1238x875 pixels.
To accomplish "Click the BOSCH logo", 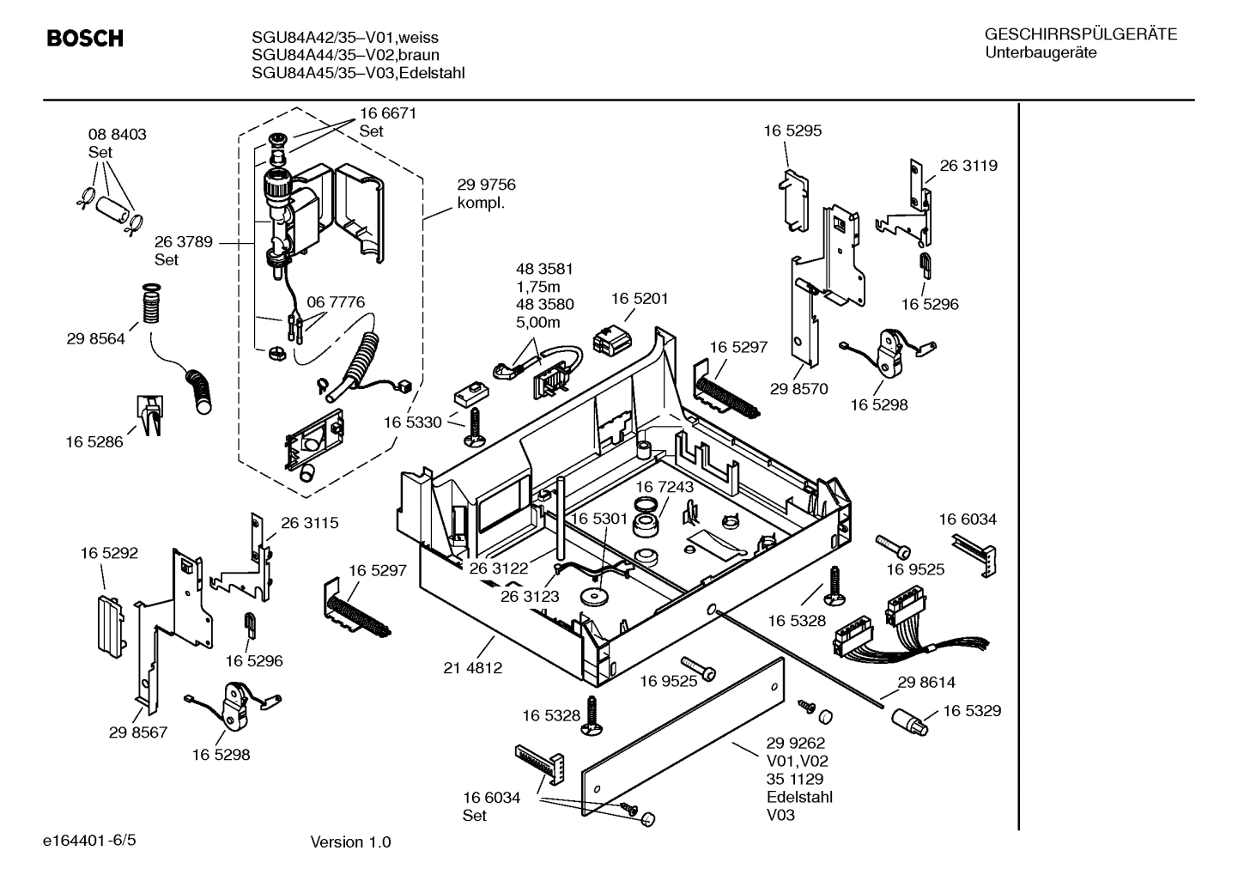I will [x=84, y=39].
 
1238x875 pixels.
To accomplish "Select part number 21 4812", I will [x=473, y=667].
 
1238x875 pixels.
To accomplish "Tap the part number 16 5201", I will [x=639, y=299].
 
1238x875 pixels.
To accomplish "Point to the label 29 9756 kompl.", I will [x=486, y=194].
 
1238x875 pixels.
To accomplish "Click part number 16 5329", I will [x=972, y=711].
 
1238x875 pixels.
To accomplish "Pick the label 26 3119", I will [x=968, y=166].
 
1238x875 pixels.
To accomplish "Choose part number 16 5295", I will [x=792, y=131].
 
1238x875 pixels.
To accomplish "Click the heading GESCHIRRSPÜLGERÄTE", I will [x=1080, y=34].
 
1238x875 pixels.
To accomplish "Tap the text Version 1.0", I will [x=350, y=842].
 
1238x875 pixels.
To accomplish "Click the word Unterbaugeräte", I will [x=1041, y=53].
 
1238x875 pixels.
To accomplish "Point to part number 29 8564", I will [x=95, y=338].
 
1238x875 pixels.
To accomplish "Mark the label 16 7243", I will [x=665, y=487].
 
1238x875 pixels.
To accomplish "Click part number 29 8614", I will [x=926, y=683].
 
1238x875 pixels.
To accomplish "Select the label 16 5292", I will [x=109, y=554].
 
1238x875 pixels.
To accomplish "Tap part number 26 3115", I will [x=309, y=522].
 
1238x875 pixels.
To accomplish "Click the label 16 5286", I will [x=94, y=442].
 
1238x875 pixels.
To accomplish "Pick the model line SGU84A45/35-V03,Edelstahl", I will [x=358, y=73].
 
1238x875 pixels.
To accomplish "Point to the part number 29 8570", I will [x=798, y=389].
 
